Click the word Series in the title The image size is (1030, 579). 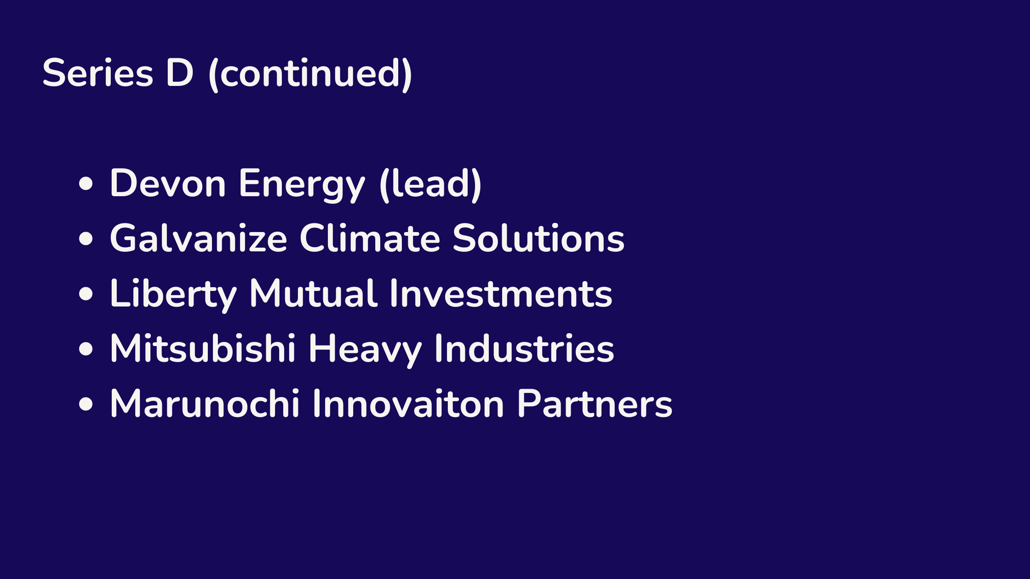pyautogui.click(x=97, y=73)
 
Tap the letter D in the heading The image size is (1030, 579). pyautogui.click(x=179, y=73)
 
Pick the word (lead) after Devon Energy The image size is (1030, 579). pyautogui.click(x=430, y=184)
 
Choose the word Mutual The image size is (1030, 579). pyautogui.click(x=314, y=293)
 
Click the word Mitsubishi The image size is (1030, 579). pyautogui.click(x=203, y=348)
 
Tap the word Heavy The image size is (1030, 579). pyautogui.click(x=365, y=350)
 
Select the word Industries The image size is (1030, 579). pyautogui.click(x=524, y=348)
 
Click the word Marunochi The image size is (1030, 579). pyautogui.click(x=205, y=403)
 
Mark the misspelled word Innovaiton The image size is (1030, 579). pyautogui.click(x=408, y=403)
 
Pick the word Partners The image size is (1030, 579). pyautogui.click(x=595, y=403)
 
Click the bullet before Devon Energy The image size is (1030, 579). pyautogui.click(x=86, y=183)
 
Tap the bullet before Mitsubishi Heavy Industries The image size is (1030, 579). pyautogui.click(x=86, y=349)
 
